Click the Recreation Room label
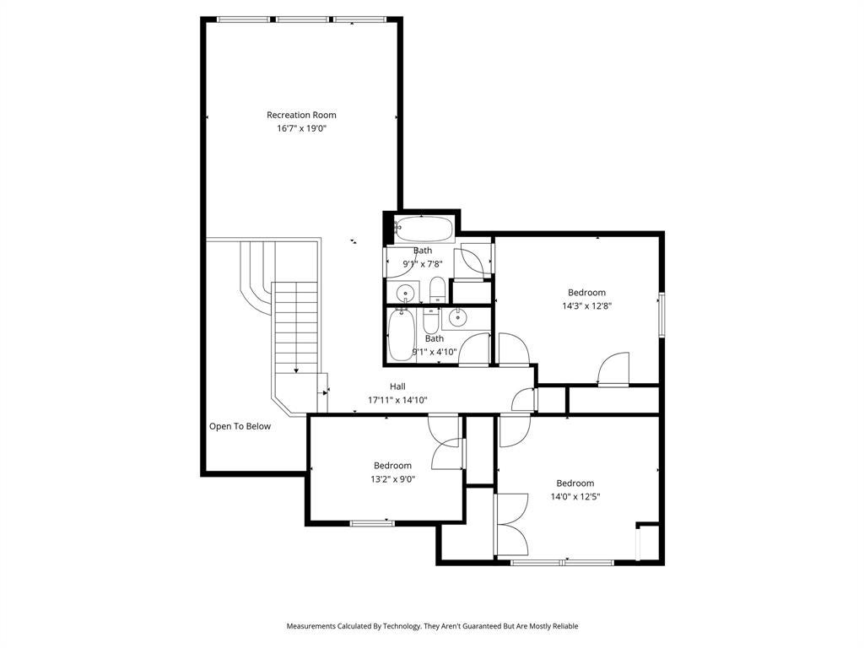point(301,115)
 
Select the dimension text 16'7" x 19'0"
point(302,129)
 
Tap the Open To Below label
point(240,426)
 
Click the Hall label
point(398,386)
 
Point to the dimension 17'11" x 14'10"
point(398,400)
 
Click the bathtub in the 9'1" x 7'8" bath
point(424,229)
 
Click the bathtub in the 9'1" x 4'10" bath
point(401,335)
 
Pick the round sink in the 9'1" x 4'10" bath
point(456,317)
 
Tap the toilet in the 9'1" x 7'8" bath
point(438,289)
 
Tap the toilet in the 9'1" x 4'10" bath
point(431,320)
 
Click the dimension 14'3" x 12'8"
point(587,305)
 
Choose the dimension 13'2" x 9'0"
point(393,479)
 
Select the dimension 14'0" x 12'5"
point(575,496)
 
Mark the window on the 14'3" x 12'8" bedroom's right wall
point(661,315)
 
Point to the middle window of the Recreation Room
point(303,20)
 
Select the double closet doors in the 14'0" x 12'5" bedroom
point(511,524)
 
